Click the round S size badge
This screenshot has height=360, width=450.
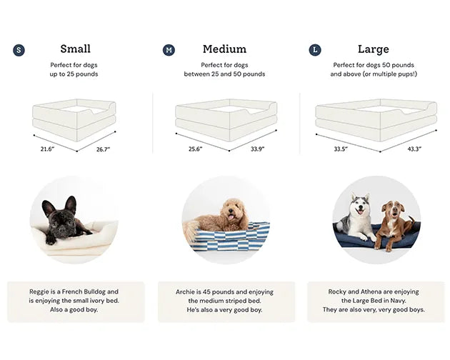pyautogui.click(x=19, y=50)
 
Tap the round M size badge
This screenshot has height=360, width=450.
pyautogui.click(x=169, y=50)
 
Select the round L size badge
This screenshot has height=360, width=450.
pyautogui.click(x=315, y=50)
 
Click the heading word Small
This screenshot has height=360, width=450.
pyautogui.click(x=76, y=49)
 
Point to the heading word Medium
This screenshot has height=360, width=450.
pyautogui.click(x=224, y=49)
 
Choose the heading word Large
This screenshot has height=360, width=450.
pyautogui.click(x=374, y=49)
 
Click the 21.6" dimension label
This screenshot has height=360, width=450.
pyautogui.click(x=47, y=149)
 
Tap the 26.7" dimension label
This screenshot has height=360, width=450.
pyautogui.click(x=103, y=149)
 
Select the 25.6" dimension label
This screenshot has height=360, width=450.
pyautogui.click(x=196, y=149)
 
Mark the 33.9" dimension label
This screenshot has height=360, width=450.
pyautogui.click(x=257, y=149)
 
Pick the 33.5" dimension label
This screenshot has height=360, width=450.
pyautogui.click(x=341, y=149)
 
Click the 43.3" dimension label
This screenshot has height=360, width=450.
pyautogui.click(x=414, y=149)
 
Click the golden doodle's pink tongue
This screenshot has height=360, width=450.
pyautogui.click(x=230, y=217)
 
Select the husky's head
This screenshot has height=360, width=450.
pyautogui.click(x=359, y=205)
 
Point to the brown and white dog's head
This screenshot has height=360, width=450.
pyautogui.click(x=393, y=209)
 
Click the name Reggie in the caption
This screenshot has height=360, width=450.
pyautogui.click(x=39, y=292)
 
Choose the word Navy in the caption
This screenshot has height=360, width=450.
pyautogui.click(x=398, y=301)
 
